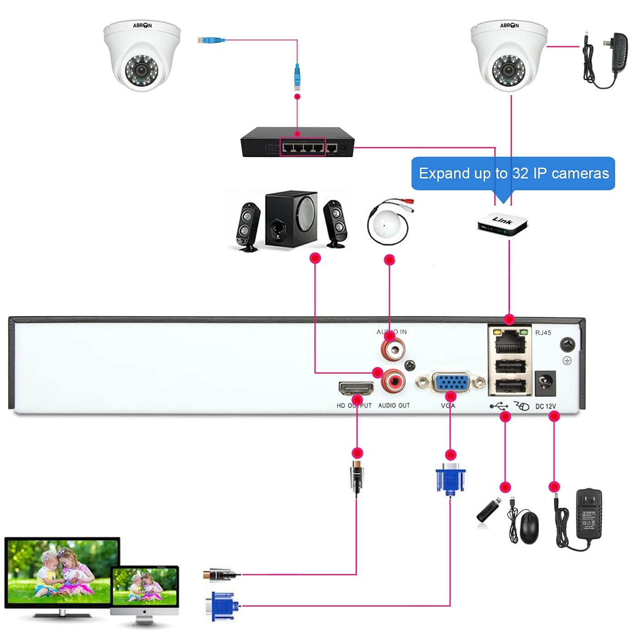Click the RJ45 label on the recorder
pos(543,332)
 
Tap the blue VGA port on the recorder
pos(451,382)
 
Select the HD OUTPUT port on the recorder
pos(356,388)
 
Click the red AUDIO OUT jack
pos(393,381)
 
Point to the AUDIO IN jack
pos(393,349)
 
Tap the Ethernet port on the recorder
pos(510,342)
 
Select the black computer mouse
pos(529,527)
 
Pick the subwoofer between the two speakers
pos(291,218)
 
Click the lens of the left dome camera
pos(142,70)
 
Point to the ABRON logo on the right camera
pos(509,25)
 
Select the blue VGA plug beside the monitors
pos(222,606)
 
